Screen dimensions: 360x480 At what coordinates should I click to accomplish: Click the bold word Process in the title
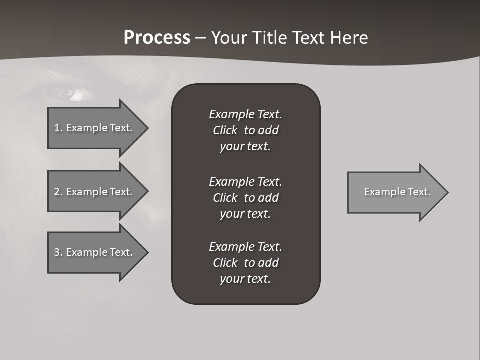[x=157, y=38]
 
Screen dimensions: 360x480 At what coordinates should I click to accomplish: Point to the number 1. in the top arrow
[x=58, y=128]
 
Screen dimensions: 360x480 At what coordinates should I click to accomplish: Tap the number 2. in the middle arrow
[x=58, y=192]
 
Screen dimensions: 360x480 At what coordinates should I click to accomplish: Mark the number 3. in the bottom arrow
[x=58, y=252]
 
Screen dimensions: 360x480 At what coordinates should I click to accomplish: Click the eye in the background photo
[x=75, y=93]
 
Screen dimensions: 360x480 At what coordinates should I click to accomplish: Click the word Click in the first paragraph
[x=225, y=131]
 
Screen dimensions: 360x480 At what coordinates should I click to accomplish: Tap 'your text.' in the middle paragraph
[x=245, y=214]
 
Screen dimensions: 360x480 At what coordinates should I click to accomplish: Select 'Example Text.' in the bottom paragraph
[x=245, y=247]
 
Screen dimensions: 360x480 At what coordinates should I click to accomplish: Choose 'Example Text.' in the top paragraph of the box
[x=245, y=114]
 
